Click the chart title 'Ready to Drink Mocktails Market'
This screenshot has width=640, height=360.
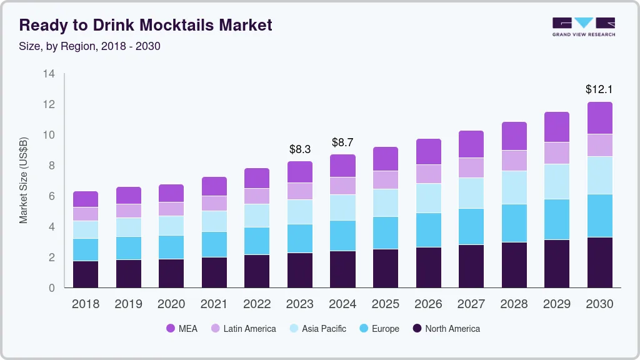(x=146, y=26)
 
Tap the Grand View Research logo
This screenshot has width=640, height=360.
(x=583, y=27)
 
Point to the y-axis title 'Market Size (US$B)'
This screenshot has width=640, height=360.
(x=24, y=180)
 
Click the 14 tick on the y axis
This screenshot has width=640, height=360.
(x=49, y=74)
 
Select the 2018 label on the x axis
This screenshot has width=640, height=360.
(x=86, y=304)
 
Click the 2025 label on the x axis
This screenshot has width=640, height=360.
(x=386, y=304)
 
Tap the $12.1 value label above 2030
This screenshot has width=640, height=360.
(x=599, y=89)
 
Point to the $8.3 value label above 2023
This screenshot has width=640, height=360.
(x=300, y=149)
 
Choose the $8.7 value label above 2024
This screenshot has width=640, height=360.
(x=343, y=142)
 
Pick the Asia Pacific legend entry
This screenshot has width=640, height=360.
(x=317, y=329)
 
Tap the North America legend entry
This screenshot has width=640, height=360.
(x=446, y=329)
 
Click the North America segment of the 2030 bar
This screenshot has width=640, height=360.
(x=599, y=262)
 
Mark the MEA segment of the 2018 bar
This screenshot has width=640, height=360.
(x=86, y=199)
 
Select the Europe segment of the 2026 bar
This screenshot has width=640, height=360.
(x=428, y=230)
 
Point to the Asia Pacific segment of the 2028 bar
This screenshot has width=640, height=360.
(x=514, y=187)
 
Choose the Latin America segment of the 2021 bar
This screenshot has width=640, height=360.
(x=214, y=203)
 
